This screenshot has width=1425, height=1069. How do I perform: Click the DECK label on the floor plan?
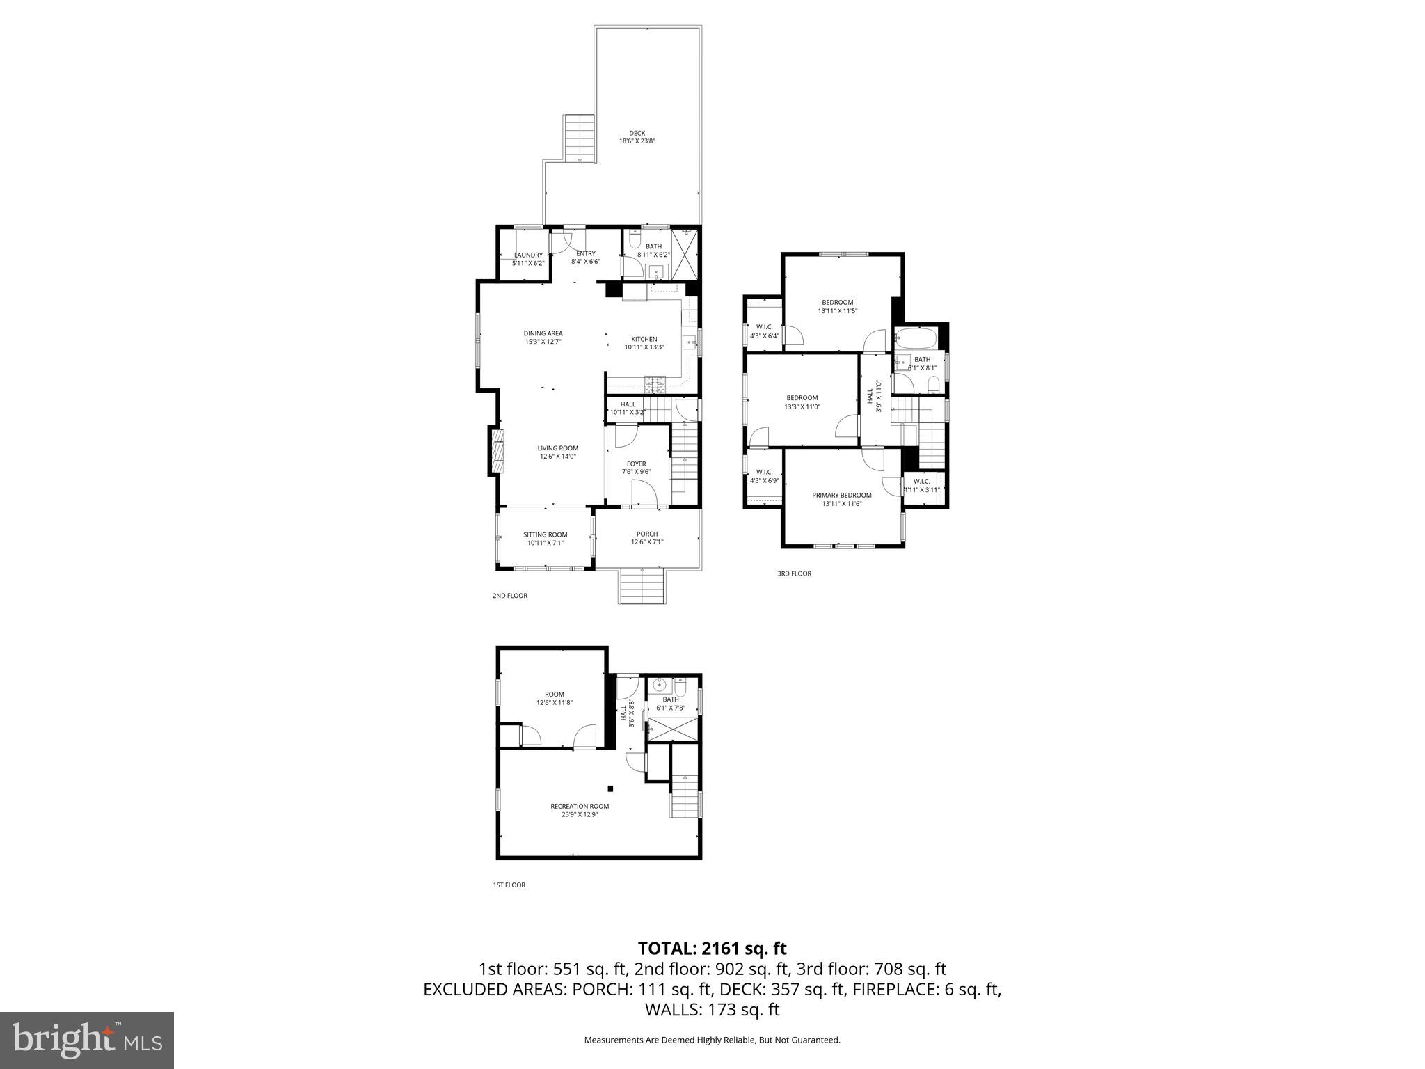point(637,133)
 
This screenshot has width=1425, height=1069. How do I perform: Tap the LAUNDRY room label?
point(528,255)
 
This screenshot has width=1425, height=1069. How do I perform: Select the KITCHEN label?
point(644,340)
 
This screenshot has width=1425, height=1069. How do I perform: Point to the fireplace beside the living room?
point(497,452)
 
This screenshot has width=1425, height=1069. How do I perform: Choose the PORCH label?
point(647,534)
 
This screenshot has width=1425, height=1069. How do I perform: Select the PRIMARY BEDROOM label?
point(841,496)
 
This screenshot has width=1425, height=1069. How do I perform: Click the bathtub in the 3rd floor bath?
point(916,340)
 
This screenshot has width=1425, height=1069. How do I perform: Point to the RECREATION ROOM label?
point(580,807)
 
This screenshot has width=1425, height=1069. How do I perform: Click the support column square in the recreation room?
point(610,789)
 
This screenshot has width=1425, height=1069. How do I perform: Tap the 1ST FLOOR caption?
point(509,885)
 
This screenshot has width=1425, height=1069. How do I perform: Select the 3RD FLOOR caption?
point(794,574)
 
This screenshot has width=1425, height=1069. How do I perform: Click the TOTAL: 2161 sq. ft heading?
point(712,948)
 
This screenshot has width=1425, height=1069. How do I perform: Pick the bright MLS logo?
point(87,1040)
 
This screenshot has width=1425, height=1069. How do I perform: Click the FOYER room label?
point(636,464)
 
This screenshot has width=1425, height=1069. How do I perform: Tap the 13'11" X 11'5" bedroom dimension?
point(837,311)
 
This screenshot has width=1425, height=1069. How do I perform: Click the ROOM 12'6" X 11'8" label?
point(555,699)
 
